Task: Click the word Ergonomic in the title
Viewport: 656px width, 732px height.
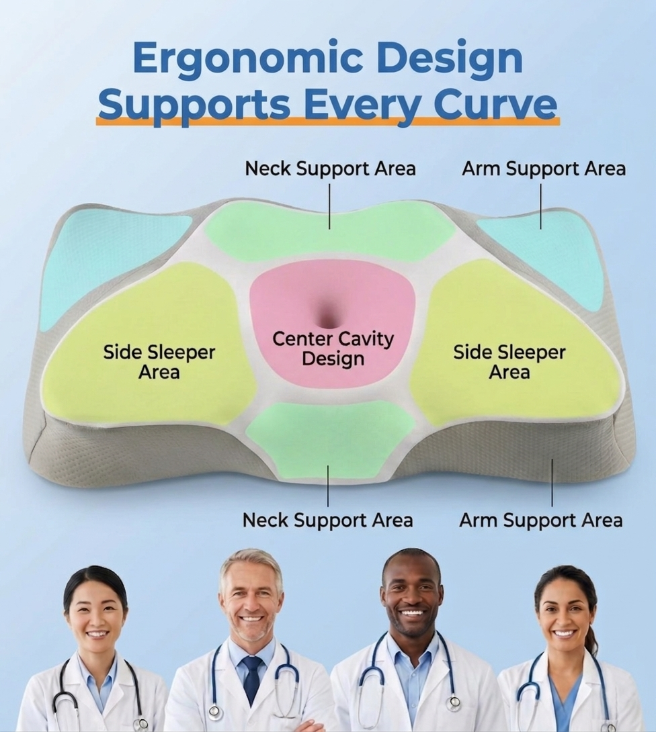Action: pos(247,60)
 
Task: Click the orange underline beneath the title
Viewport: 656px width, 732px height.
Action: pos(328,121)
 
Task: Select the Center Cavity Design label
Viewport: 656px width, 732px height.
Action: pos(333,349)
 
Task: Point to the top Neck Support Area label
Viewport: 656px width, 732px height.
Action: pos(330,169)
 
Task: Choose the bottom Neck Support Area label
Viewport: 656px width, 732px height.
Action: pos(327,520)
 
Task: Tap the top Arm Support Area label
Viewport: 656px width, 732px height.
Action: pos(544,169)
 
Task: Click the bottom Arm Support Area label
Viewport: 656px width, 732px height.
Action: pos(541,520)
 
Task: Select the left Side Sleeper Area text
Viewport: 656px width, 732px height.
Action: pos(159,362)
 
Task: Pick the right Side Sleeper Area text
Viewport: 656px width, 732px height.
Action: pos(509,362)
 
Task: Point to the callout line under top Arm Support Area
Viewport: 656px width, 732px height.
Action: pos(541,206)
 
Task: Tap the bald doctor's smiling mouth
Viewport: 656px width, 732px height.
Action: pos(411,611)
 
